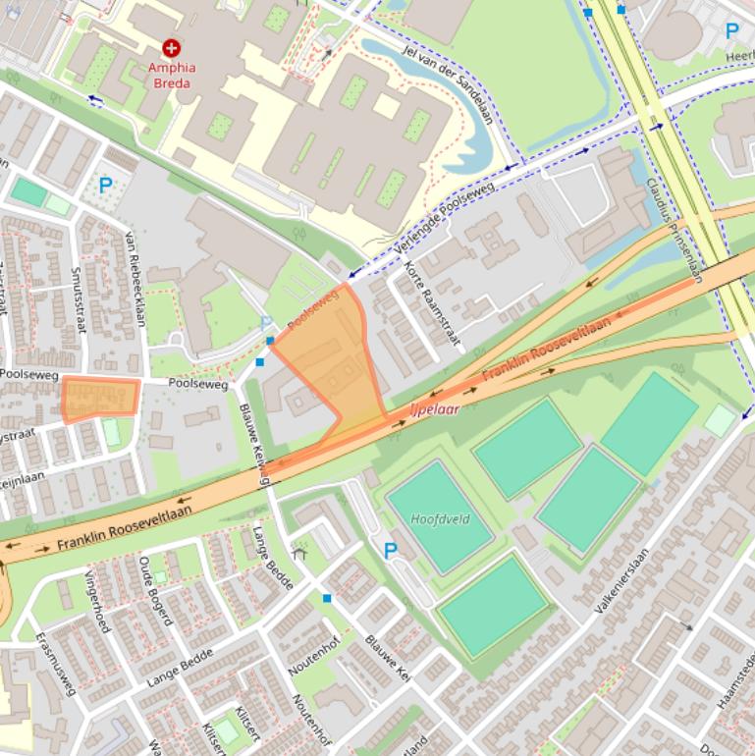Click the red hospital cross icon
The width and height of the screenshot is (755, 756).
[x=172, y=47]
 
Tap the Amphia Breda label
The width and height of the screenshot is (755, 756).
[x=172, y=75]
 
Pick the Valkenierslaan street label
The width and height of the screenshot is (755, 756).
[x=621, y=581]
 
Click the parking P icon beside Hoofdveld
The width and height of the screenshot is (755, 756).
[x=391, y=552]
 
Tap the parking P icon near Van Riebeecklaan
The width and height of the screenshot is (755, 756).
[x=105, y=183]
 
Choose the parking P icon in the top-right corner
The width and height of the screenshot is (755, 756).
[x=731, y=30]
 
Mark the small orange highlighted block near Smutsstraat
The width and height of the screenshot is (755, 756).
[x=100, y=399]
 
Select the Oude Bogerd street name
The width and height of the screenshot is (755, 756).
[x=156, y=590]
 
